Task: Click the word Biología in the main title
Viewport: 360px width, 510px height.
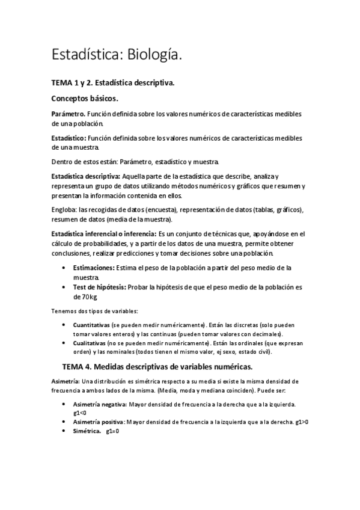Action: [x=151, y=55]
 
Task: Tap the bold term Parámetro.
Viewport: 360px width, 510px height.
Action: [x=68, y=114]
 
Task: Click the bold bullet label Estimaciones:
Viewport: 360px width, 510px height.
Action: [x=93, y=267]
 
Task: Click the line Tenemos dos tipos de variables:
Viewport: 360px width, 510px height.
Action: [x=94, y=311]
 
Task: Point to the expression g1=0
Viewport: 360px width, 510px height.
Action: [x=112, y=431]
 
